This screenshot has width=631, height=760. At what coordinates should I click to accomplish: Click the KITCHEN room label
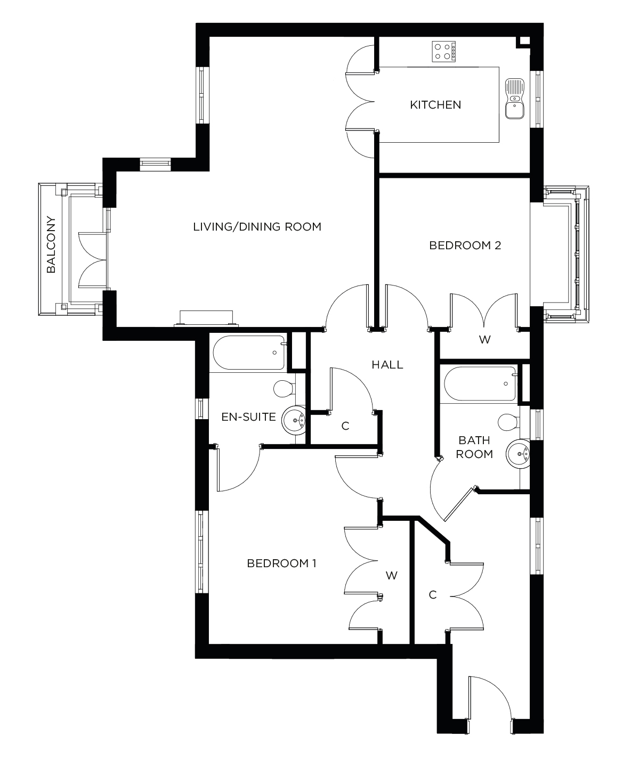pos(435,105)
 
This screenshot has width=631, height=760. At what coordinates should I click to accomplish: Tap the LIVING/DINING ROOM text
pos(257,227)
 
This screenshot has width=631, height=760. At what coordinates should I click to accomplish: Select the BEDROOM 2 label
pos(465,246)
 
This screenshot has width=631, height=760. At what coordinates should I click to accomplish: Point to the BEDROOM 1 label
pos(281,563)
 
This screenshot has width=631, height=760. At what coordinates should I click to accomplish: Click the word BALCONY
pos(51,244)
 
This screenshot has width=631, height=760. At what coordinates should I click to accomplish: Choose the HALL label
pos(387,365)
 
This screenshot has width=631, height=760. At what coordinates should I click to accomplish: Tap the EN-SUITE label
pos(249,416)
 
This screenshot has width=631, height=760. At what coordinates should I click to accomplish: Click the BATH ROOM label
pos(475,447)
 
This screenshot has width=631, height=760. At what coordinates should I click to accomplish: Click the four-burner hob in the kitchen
pos(444,51)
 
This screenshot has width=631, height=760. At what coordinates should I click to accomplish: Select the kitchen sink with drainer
pos(515,98)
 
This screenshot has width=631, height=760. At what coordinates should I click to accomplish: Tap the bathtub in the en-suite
pos(248,353)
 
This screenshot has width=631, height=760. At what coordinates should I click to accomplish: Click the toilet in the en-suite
pos(284,388)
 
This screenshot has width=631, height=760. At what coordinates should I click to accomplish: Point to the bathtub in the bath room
pos(479,383)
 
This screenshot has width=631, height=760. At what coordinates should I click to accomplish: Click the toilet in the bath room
pos(509,422)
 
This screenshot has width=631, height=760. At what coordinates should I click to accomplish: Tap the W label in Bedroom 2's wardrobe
pos(484,339)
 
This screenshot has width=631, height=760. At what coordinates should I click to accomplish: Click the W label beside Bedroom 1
pos(392,575)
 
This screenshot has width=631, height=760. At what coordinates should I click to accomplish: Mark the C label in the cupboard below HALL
pos(345,426)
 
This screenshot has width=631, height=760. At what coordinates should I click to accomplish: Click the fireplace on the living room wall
pos(206,318)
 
